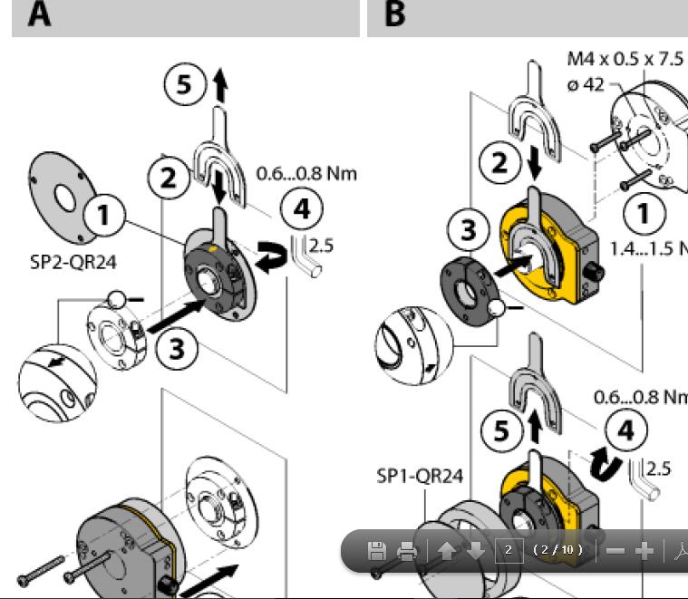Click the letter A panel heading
(x=39, y=15)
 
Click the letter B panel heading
(x=395, y=15)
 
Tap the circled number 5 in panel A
(x=184, y=85)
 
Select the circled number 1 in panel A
(x=104, y=217)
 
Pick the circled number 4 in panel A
(x=301, y=208)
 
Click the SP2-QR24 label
(x=73, y=263)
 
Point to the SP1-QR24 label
(x=420, y=476)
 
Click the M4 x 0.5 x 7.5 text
(x=625, y=59)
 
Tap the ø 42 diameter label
(x=586, y=84)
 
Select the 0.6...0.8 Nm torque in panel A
(x=306, y=173)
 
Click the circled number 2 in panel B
(x=499, y=163)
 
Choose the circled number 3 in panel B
(x=468, y=230)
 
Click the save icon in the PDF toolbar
(x=377, y=550)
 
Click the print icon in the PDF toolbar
(x=407, y=550)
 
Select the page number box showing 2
(x=509, y=550)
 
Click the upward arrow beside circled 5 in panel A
(x=219, y=87)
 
